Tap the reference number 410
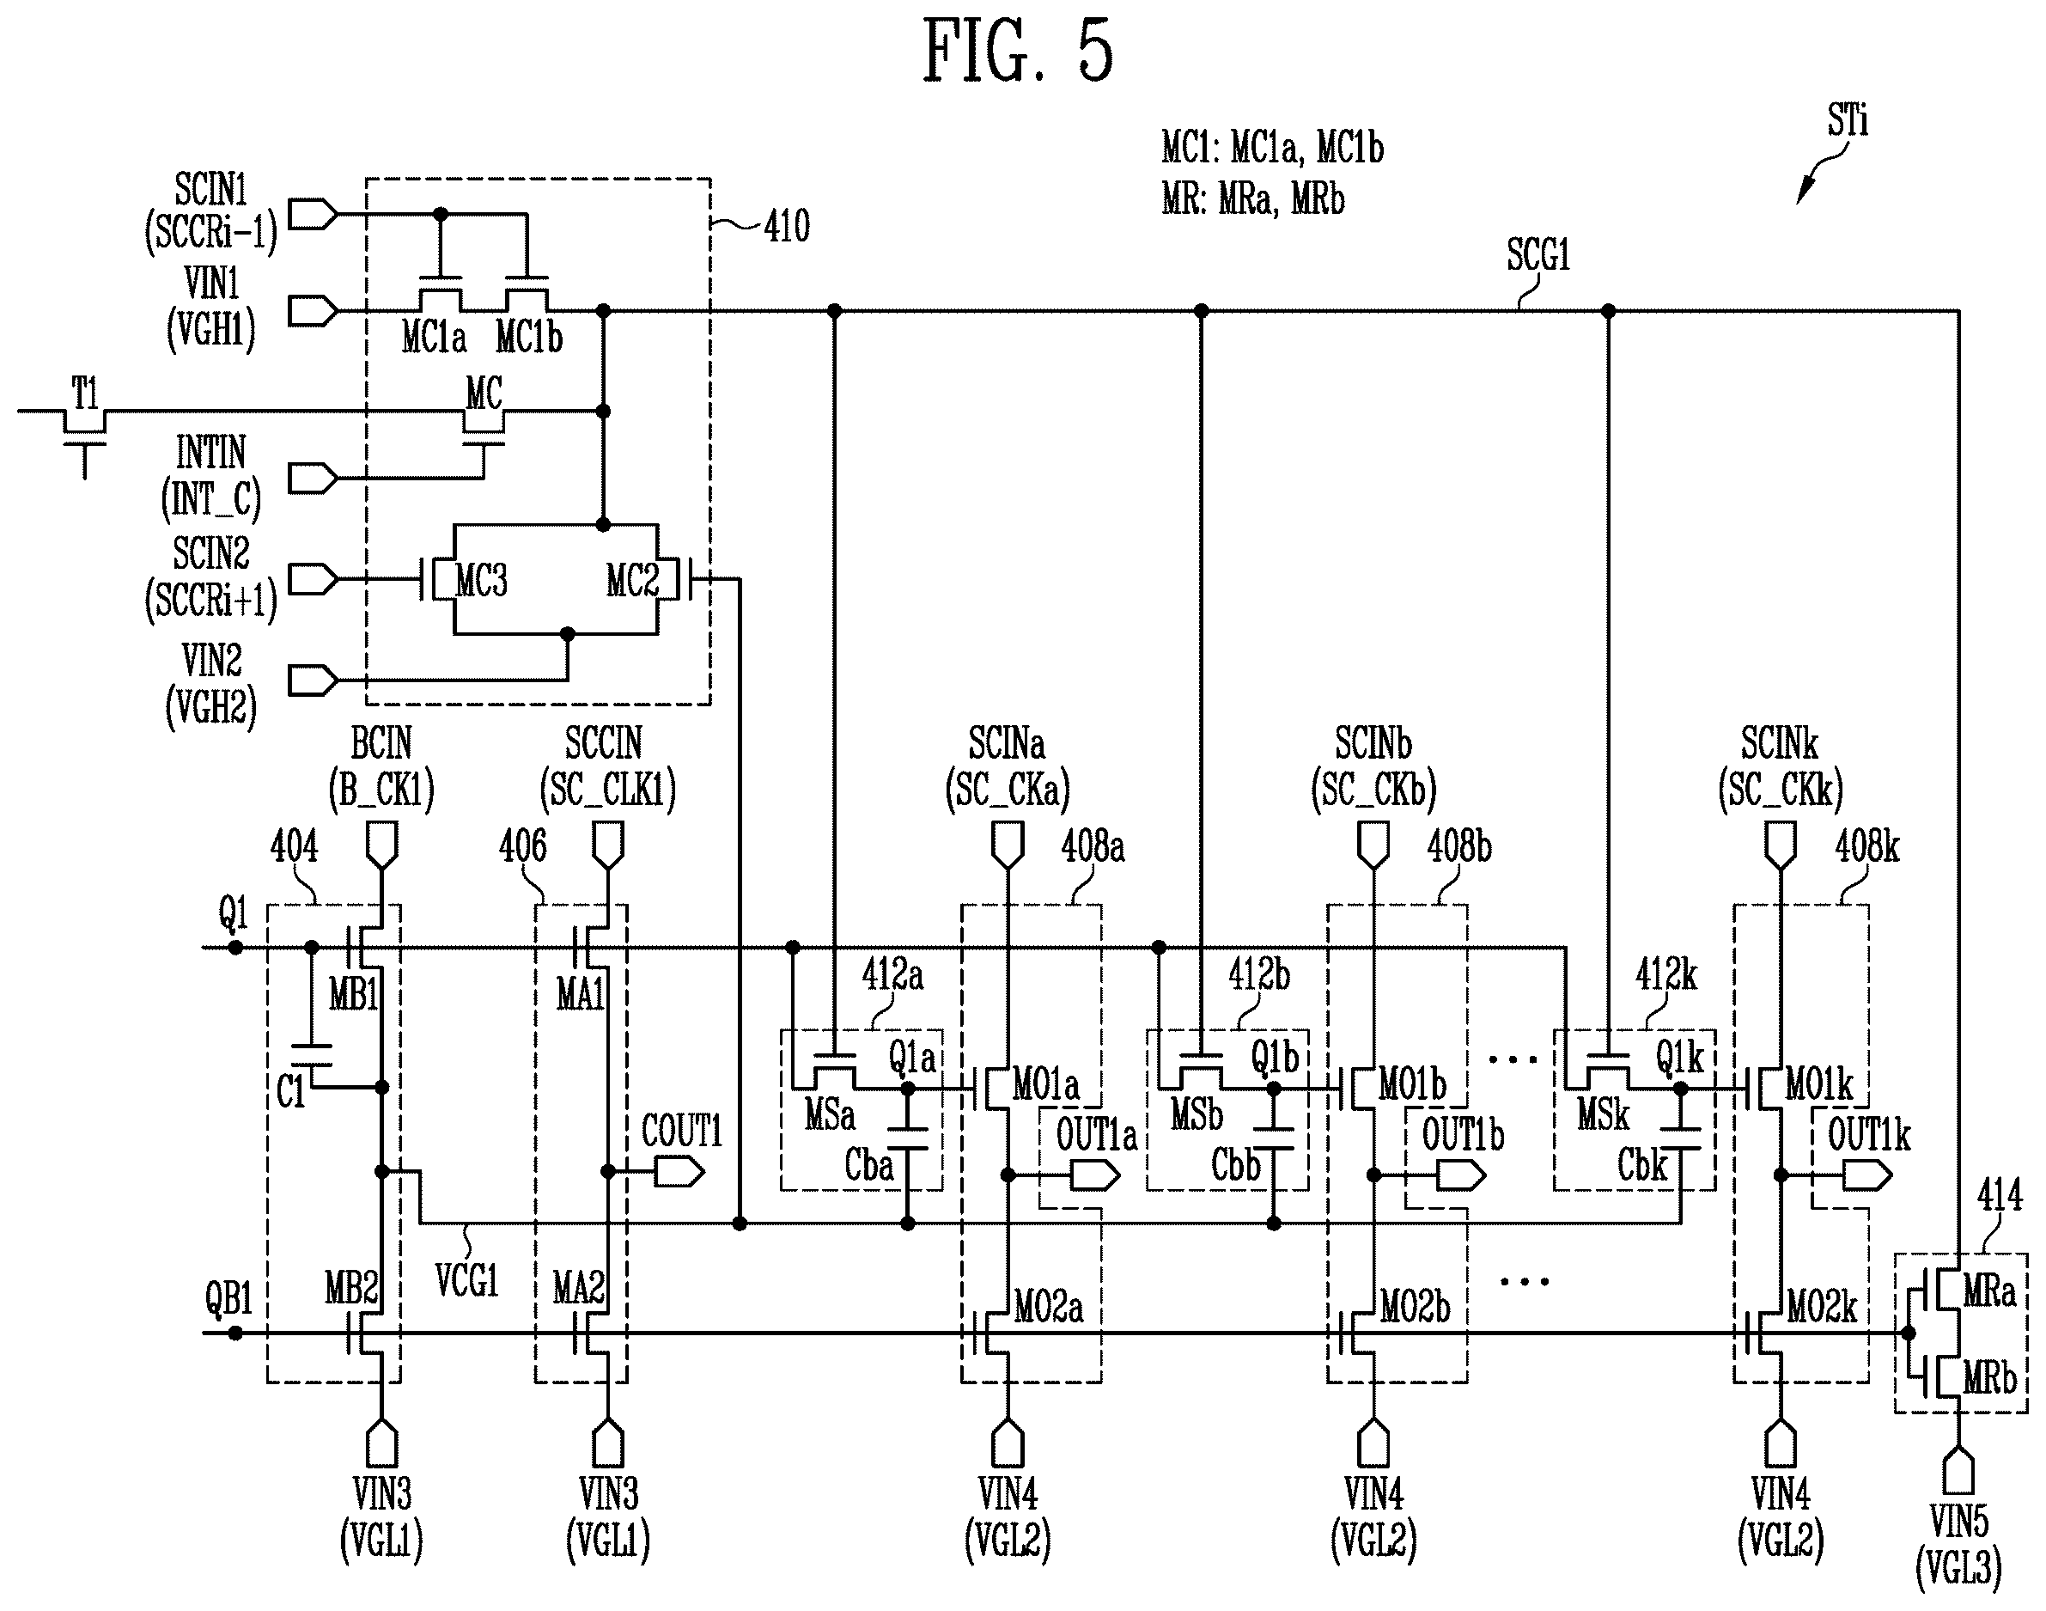(x=786, y=226)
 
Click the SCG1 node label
(x=1538, y=254)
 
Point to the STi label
(x=1847, y=121)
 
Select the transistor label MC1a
(x=434, y=337)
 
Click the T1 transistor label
(x=85, y=394)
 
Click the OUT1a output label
(x=1097, y=1135)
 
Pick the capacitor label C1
(x=291, y=1092)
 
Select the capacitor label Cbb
(x=1236, y=1166)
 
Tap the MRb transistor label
(x=1989, y=1378)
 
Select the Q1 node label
(x=234, y=913)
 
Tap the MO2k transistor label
(x=1822, y=1308)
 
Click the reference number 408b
(x=1458, y=847)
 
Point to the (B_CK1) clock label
(x=381, y=790)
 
